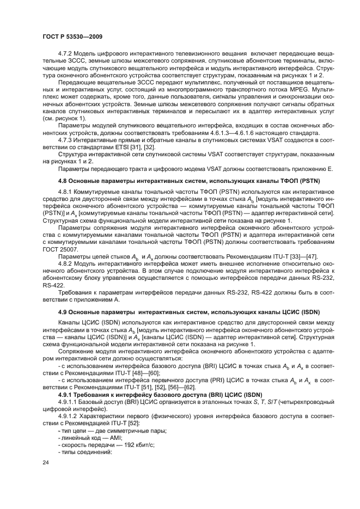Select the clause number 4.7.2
(x=66, y=55)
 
